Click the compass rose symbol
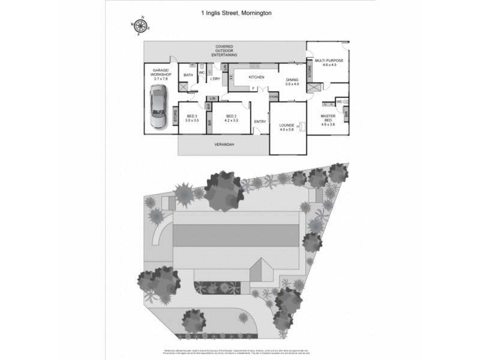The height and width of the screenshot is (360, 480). tap(140, 26)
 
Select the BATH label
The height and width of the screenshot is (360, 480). tap(188, 75)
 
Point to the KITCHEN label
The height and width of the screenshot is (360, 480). tap(256, 77)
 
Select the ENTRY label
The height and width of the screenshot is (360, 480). tap(260, 122)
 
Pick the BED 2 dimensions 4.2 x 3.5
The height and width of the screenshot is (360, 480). tap(232, 120)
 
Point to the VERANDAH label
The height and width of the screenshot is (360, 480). tap(223, 145)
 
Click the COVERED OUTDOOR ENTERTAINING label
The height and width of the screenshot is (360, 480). tap(225, 51)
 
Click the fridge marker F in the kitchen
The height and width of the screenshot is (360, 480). tap(253, 89)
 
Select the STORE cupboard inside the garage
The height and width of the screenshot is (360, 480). tap(175, 115)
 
